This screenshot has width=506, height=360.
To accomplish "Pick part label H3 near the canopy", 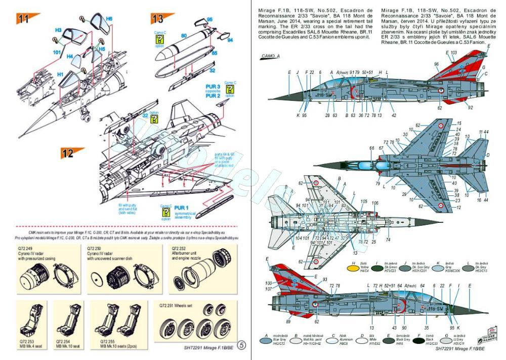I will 58,30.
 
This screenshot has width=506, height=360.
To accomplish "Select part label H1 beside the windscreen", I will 60,74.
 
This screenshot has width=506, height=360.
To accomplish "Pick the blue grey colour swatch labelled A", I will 268,341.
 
